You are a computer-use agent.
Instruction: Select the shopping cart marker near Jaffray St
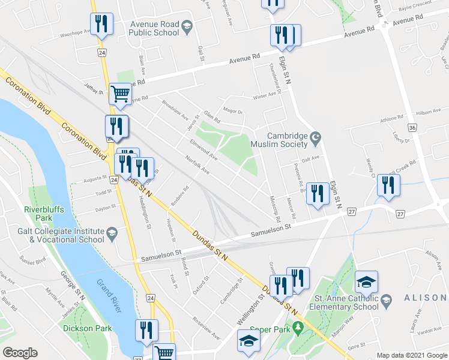coord(121,94)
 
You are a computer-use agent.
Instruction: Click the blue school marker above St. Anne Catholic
coord(366,281)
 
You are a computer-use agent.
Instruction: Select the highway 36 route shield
coord(412,128)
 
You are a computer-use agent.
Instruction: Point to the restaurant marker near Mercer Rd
coord(318,193)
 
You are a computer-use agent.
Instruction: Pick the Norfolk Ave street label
coord(197,164)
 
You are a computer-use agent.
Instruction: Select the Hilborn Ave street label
coord(427,112)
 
